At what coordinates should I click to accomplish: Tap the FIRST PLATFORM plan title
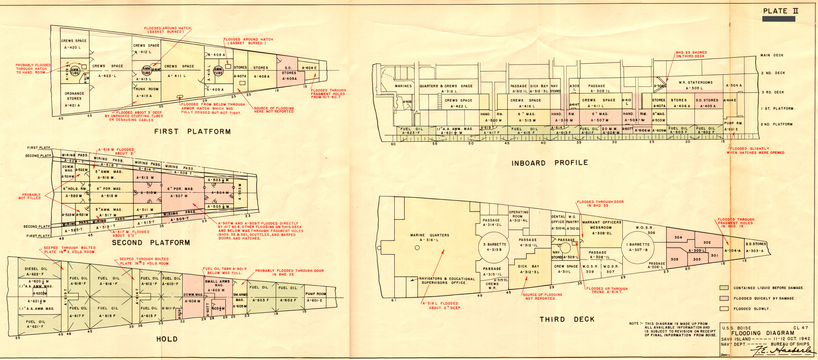[x=192, y=131]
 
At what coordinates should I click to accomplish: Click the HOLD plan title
[x=167, y=339]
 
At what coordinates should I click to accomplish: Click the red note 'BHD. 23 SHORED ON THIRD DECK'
[x=691, y=54]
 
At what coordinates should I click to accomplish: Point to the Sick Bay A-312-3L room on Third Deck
[x=529, y=269]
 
